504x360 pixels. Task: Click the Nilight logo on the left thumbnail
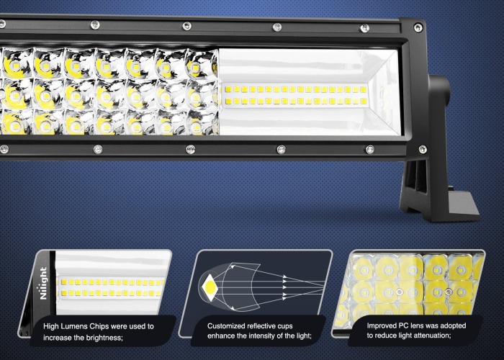(x=43, y=283)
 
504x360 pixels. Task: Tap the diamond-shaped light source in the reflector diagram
(x=210, y=287)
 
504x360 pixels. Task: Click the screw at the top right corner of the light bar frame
(x=418, y=27)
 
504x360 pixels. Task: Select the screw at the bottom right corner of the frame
(x=423, y=149)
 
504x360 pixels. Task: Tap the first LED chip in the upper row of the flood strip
(x=228, y=89)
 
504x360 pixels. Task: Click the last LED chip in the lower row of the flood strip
(x=364, y=102)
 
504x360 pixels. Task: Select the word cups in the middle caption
(x=285, y=326)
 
